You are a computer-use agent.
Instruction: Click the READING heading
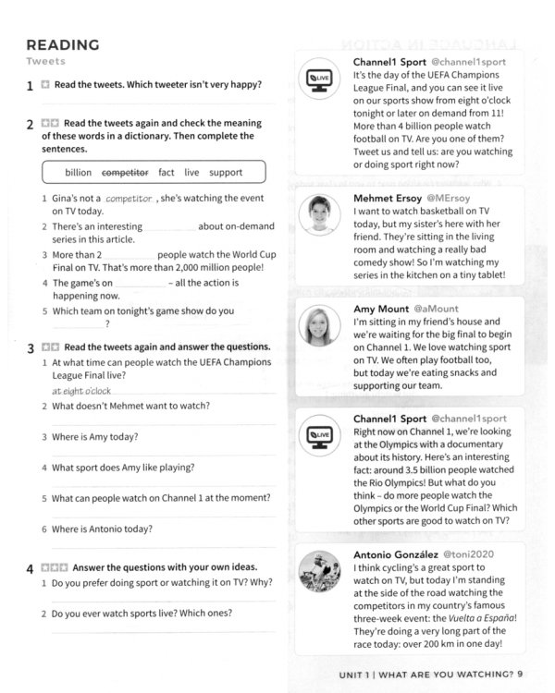(62, 44)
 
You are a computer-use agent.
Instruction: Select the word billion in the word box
(79, 172)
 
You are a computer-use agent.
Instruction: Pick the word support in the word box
(226, 172)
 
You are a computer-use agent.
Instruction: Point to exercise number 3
(31, 348)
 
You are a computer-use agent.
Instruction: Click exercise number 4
(31, 568)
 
